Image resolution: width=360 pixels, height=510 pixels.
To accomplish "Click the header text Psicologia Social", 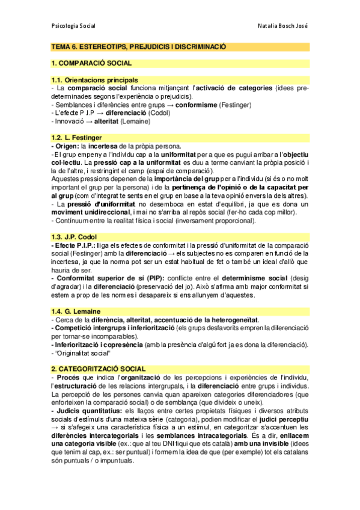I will [74, 26].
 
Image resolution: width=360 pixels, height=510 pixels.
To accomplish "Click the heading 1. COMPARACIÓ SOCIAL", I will [91, 63].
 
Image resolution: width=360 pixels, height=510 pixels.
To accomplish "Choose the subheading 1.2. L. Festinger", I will [76, 138].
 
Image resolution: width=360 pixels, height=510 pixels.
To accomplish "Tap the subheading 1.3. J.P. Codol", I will [75, 237].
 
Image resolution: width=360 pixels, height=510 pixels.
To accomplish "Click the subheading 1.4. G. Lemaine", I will [76, 311].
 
